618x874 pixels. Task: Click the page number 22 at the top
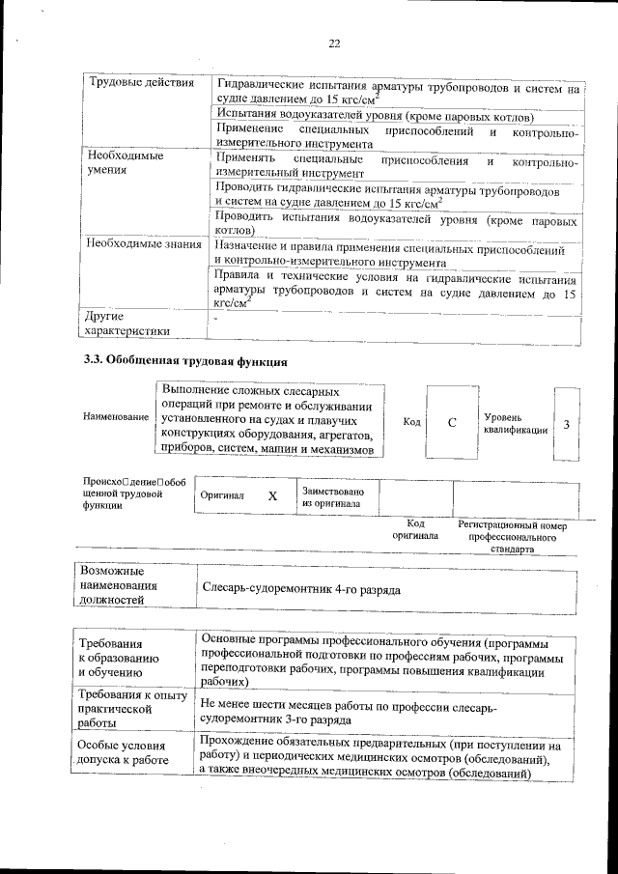[x=335, y=43]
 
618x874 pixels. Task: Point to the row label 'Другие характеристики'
[x=126, y=324]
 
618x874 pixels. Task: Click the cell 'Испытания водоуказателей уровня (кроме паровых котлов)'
[x=375, y=115]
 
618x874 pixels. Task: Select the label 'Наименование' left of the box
[x=116, y=417]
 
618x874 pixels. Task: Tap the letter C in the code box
[x=452, y=424]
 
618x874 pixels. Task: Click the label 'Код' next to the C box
[x=411, y=423]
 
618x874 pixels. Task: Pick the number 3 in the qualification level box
[x=566, y=424]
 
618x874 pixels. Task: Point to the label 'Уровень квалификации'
[x=516, y=423]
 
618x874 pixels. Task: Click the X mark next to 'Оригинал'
[x=272, y=495]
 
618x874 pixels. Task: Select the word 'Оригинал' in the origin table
[x=222, y=495]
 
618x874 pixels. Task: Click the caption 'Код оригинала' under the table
[x=415, y=529]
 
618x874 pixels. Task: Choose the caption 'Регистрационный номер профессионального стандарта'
[x=512, y=537]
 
